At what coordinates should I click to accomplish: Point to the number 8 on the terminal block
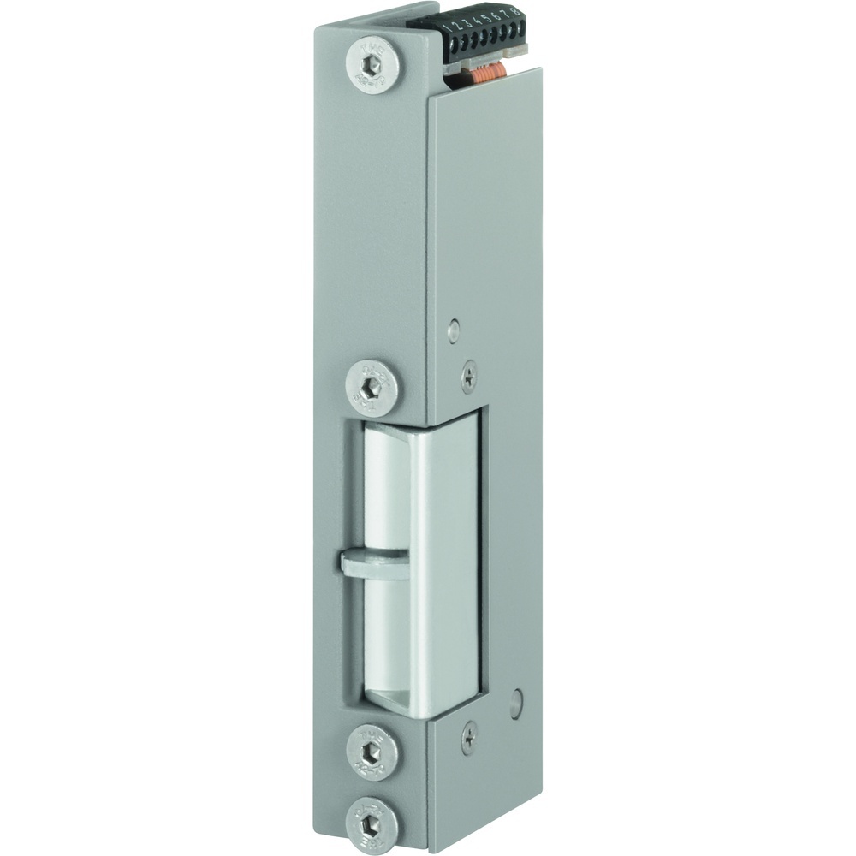(x=516, y=12)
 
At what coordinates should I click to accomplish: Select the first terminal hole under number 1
(x=454, y=46)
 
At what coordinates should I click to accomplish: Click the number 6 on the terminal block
(x=499, y=16)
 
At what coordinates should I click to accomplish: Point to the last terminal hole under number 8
(x=522, y=28)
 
